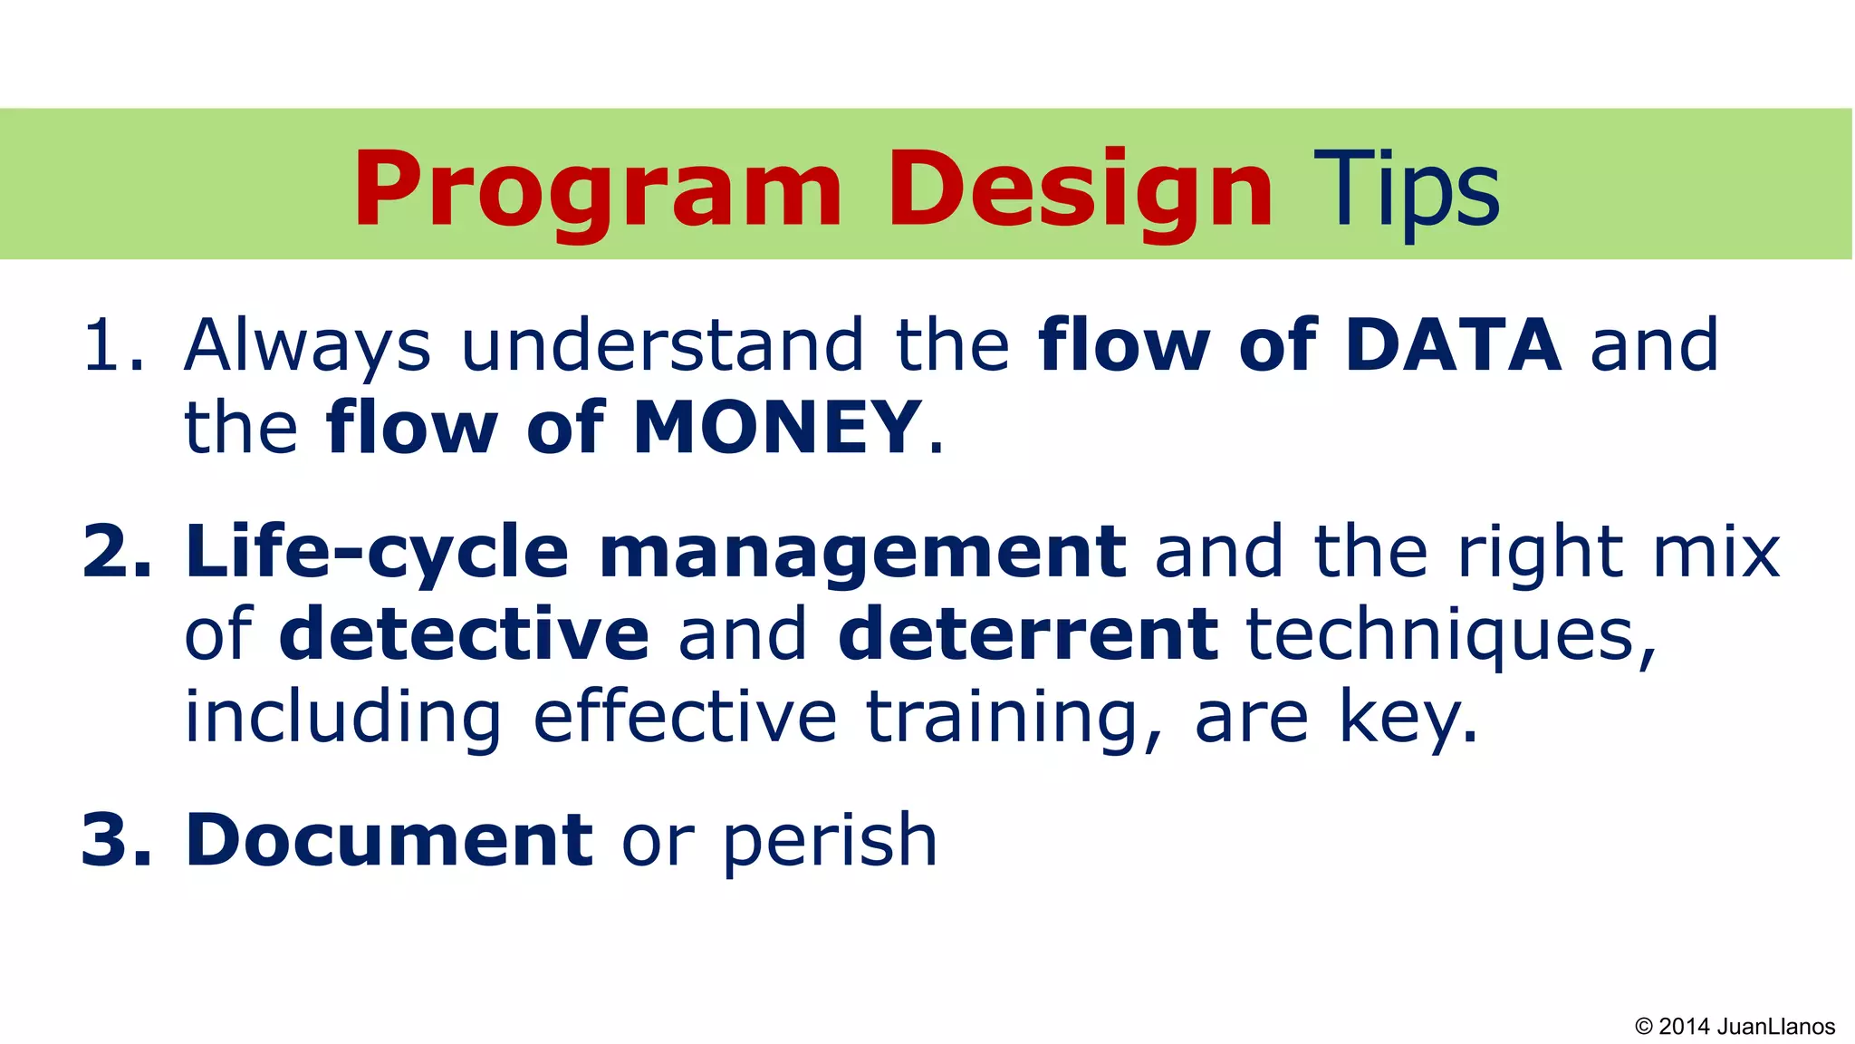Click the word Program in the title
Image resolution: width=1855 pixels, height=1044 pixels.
[598, 190]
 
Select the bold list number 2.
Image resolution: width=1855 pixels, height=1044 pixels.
[116, 552]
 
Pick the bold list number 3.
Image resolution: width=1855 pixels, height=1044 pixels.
[116, 840]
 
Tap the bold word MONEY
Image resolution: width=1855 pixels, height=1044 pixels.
[777, 427]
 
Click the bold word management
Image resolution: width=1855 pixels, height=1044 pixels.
[862, 552]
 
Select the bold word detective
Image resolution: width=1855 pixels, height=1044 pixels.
[464, 633]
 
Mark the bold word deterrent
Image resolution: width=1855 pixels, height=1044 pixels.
[1028, 633]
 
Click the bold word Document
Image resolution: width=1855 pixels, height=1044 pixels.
[389, 840]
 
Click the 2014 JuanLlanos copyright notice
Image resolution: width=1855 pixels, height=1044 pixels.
[1735, 1026]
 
